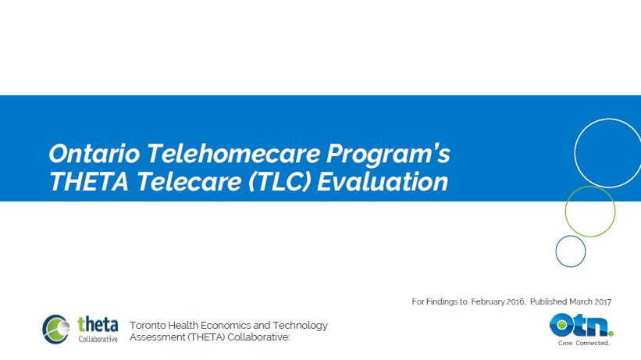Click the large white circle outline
click(x=607, y=151)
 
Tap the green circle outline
click(x=589, y=211)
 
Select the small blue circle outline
click(x=570, y=251)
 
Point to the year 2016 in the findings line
click(x=535, y=301)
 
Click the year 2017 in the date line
click(x=601, y=301)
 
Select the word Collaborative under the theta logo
click(x=98, y=339)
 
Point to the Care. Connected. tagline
click(x=583, y=343)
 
